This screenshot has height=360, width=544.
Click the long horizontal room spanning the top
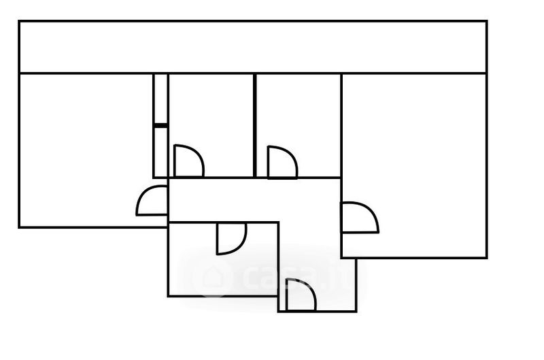point(252,47)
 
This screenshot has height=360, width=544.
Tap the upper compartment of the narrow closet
point(160,99)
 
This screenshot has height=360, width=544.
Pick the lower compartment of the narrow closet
point(160,152)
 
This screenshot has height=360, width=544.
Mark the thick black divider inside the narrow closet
point(160,125)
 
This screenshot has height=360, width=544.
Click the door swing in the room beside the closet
point(188,162)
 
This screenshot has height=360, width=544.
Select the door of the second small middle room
point(282,163)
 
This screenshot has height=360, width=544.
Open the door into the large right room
point(360,218)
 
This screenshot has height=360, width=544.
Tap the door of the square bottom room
point(231,238)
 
